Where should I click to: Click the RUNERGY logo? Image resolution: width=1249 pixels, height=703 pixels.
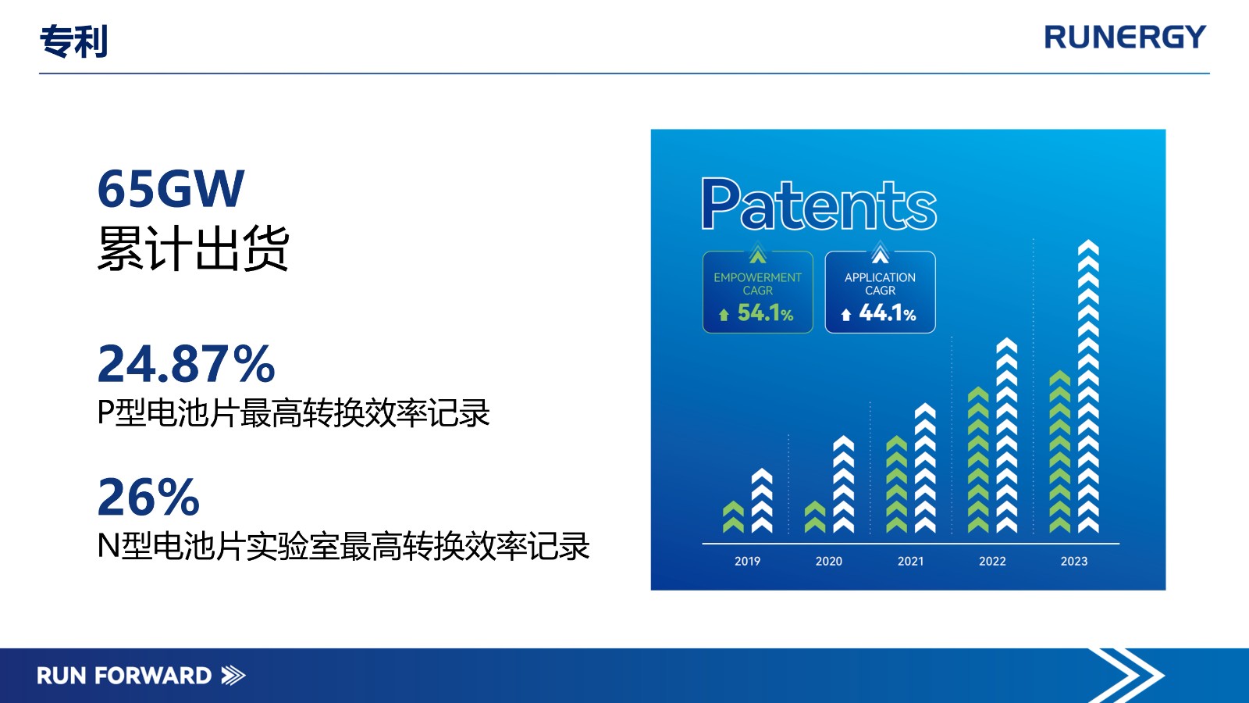(x=1125, y=37)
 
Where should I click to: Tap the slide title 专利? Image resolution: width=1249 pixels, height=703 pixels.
(x=73, y=41)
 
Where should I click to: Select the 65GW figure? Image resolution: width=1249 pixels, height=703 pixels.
(x=171, y=188)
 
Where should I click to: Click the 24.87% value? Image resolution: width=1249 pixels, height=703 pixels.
(x=187, y=364)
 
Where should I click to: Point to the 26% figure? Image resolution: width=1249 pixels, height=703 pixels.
(x=148, y=497)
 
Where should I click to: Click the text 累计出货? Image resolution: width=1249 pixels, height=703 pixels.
(x=193, y=248)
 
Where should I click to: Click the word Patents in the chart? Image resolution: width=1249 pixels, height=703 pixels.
(x=819, y=204)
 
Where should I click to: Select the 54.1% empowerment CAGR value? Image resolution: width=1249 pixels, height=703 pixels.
(x=765, y=313)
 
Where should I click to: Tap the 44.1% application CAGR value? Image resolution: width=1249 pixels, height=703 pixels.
(x=887, y=313)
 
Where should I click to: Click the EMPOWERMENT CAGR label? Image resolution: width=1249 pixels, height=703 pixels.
(x=757, y=284)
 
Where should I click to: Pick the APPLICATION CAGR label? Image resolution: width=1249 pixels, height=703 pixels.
(x=880, y=284)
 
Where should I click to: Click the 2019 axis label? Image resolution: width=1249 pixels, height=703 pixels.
(x=747, y=562)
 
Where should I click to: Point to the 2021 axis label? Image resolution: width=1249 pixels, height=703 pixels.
(x=910, y=562)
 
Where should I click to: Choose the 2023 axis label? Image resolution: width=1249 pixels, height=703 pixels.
(x=1074, y=562)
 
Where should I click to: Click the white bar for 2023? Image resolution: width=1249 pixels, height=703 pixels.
(x=1088, y=386)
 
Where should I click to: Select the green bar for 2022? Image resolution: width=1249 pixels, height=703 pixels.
(x=978, y=460)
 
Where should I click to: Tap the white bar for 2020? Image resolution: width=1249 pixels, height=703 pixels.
(x=843, y=484)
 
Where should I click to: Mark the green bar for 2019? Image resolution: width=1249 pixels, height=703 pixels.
(x=733, y=517)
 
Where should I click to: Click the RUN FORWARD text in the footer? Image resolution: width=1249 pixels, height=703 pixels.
(x=124, y=676)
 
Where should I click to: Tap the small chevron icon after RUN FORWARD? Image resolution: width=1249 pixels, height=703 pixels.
(x=233, y=676)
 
